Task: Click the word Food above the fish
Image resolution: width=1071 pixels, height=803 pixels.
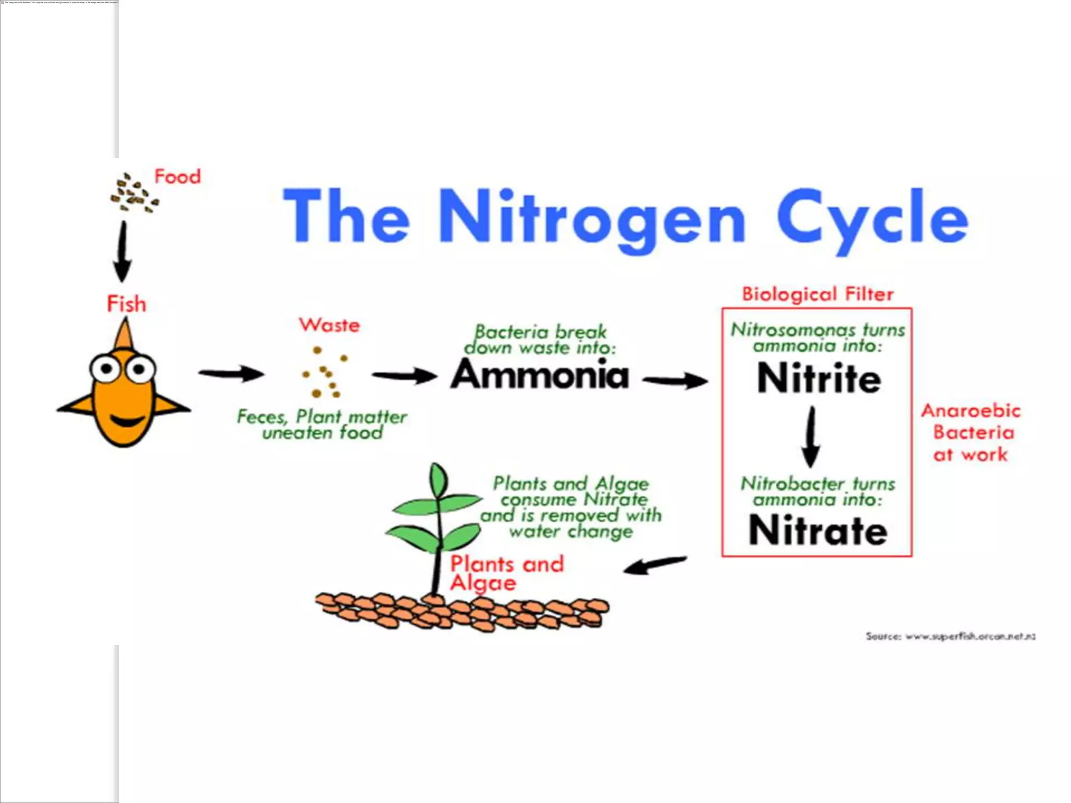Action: [177, 177]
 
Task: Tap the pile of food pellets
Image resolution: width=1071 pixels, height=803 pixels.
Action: [133, 193]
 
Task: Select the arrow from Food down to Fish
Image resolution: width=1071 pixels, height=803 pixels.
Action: [123, 251]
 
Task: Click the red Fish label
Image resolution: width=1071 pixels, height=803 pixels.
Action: [127, 304]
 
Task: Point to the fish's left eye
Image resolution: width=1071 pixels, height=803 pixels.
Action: [106, 369]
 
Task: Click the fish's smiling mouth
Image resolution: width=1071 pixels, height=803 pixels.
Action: [127, 421]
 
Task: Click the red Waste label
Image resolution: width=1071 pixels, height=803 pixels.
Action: [329, 325]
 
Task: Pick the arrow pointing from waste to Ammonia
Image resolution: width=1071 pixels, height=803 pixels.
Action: [404, 375]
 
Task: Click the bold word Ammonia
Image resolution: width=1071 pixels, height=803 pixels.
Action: [540, 374]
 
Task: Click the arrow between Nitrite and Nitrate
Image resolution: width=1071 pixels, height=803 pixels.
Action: [811, 437]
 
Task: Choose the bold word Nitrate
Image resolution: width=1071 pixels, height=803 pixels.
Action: [818, 531]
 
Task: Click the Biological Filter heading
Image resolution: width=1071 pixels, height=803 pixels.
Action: [818, 294]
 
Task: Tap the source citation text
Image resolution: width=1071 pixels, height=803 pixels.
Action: [950, 636]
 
